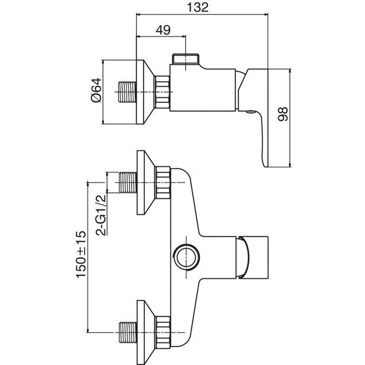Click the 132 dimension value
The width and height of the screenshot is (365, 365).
coord(198,8)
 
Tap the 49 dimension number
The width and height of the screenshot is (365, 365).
coord(163,30)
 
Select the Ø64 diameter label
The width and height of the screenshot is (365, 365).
coord(96,90)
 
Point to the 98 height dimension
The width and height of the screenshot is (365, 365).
coord(283,114)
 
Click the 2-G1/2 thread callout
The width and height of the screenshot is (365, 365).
coord(101,215)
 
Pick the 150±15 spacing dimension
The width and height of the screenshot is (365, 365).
coord(81,255)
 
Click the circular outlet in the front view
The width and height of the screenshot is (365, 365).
coord(187,257)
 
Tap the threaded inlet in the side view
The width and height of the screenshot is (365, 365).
coord(127,92)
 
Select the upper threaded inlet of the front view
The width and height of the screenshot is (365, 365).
coord(128,182)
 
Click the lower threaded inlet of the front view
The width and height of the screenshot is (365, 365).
coord(128,332)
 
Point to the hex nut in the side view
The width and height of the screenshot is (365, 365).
coord(162,92)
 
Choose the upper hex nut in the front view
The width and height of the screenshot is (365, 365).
coord(163,182)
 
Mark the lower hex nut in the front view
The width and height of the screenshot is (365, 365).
coord(163,332)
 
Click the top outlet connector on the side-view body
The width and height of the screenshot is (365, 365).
coord(186,59)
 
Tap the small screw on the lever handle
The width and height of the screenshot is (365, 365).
coord(251,112)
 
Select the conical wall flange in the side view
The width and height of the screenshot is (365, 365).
coord(145,92)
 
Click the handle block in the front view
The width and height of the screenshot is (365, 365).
coord(252,257)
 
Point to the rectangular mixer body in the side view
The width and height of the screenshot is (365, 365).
coord(202,90)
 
